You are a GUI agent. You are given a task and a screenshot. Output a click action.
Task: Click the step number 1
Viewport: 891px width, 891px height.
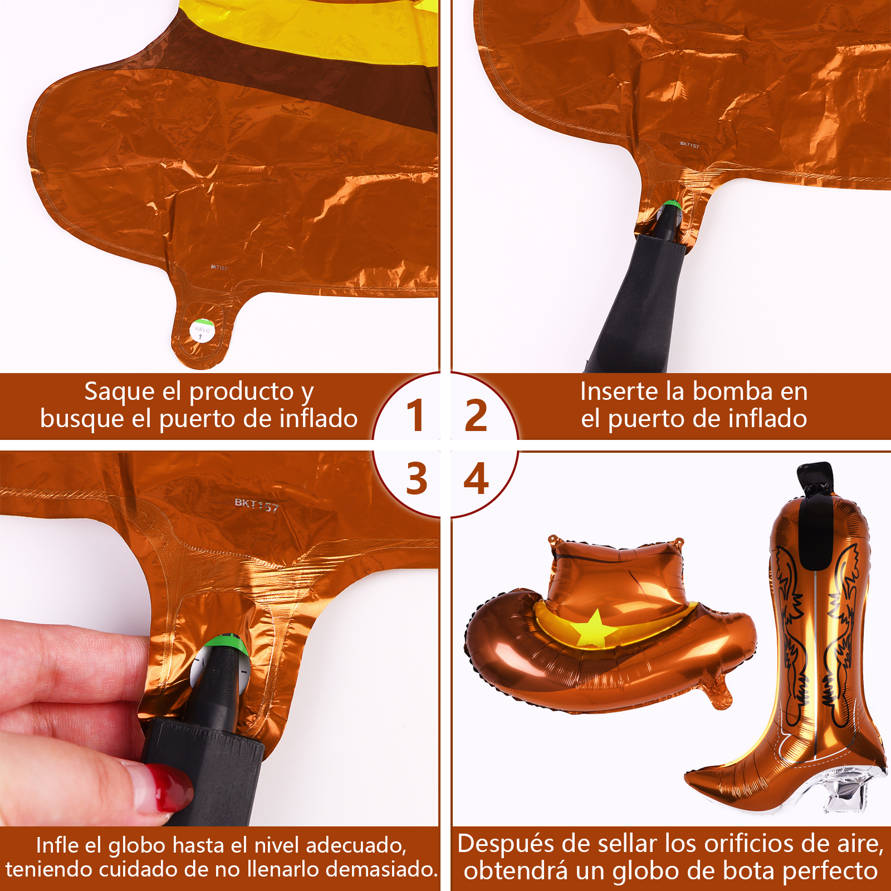click(x=415, y=415)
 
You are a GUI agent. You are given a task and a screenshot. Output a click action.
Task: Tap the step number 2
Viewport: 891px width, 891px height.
click(x=476, y=415)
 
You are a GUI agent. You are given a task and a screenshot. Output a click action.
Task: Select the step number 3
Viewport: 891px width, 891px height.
click(x=417, y=478)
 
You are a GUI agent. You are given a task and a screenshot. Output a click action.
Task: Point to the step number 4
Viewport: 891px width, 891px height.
click(x=476, y=478)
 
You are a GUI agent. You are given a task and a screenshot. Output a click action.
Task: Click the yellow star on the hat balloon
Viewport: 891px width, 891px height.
click(x=594, y=629)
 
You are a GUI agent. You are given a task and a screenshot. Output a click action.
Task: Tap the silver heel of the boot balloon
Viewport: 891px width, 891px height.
click(x=849, y=791)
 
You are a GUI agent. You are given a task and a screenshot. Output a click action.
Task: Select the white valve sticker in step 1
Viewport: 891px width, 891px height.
click(x=202, y=331)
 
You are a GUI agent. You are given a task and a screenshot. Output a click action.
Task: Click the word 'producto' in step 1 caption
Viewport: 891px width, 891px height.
click(x=241, y=392)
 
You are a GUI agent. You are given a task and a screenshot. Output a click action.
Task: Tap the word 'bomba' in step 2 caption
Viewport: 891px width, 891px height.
click(x=733, y=391)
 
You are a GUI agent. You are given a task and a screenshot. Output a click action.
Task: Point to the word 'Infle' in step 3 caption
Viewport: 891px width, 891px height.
click(x=57, y=845)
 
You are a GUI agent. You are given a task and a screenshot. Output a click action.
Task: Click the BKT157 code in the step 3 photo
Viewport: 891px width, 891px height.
click(x=256, y=505)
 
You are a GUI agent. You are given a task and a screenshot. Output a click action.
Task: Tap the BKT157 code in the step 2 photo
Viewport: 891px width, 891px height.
click(x=689, y=145)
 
